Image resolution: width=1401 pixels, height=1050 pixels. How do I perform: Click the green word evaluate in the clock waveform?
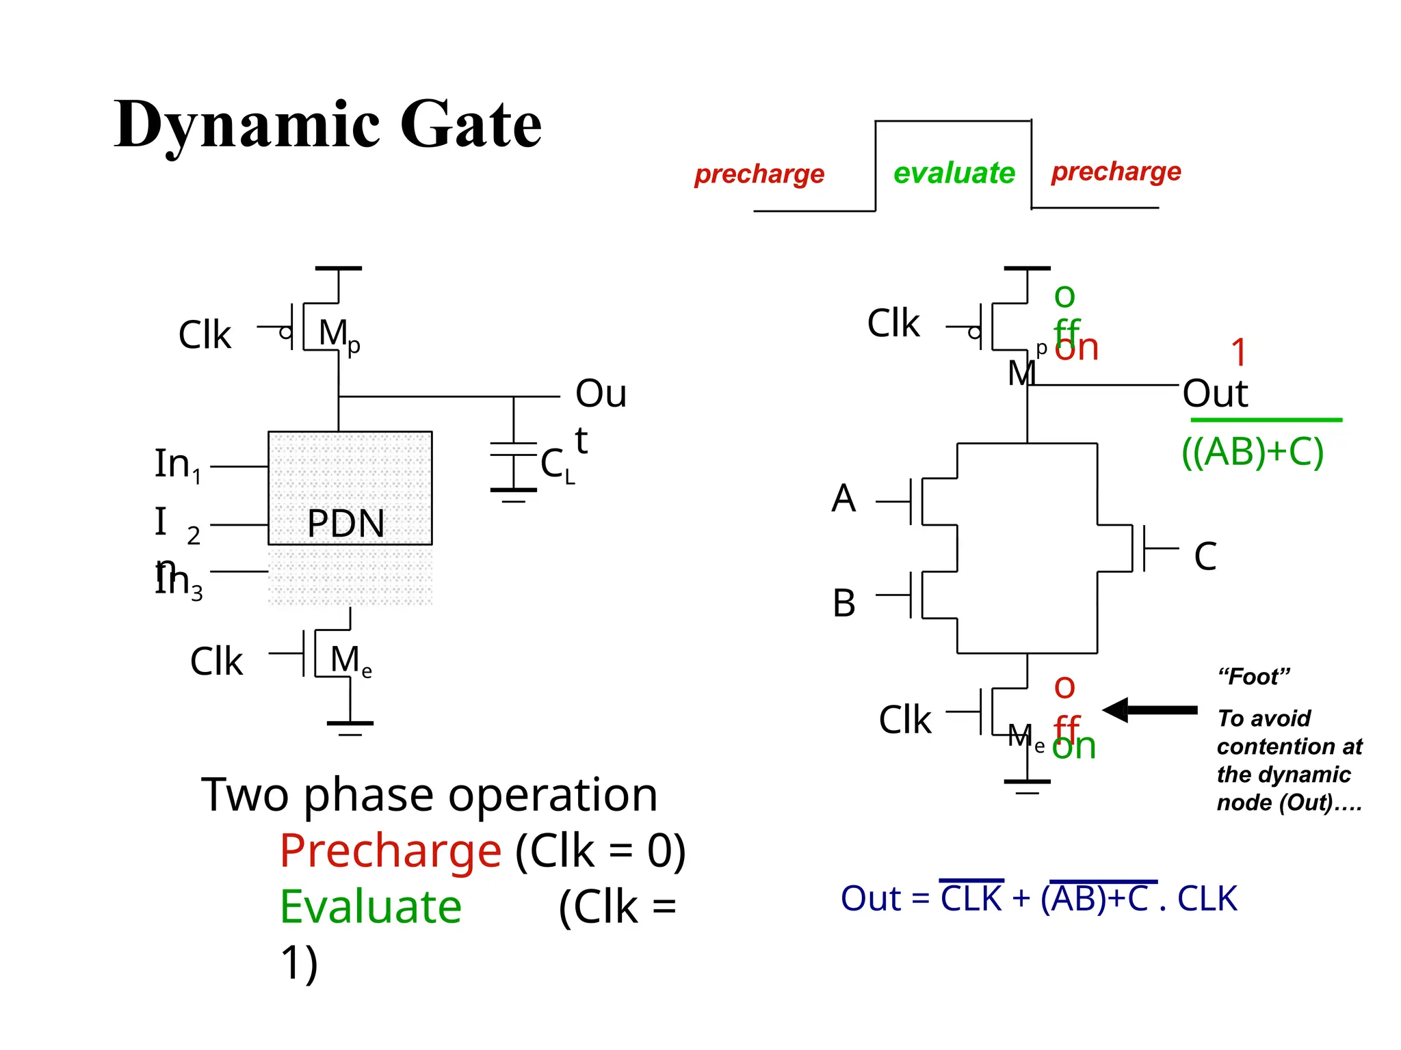(954, 173)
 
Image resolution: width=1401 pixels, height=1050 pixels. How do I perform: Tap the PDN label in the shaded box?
(345, 523)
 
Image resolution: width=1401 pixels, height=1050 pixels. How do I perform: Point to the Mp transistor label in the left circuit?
(339, 335)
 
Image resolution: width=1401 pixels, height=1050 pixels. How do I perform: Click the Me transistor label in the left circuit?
(350, 661)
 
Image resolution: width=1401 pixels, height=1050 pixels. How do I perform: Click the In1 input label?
(177, 465)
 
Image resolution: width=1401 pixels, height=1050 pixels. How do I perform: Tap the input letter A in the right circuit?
(843, 498)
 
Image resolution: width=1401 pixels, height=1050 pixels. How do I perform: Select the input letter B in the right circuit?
(843, 603)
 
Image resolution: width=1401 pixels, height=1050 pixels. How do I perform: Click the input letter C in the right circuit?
(1205, 556)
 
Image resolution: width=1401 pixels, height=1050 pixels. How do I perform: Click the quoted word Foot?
(1253, 677)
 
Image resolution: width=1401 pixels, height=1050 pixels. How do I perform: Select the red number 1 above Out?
(1238, 353)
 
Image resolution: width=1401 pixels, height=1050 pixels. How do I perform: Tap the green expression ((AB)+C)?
(1253, 452)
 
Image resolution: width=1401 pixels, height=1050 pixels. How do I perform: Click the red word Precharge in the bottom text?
(391, 850)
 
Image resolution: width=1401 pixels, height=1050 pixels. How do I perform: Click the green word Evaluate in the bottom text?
(371, 907)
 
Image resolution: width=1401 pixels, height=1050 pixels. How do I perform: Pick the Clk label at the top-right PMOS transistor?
(893, 323)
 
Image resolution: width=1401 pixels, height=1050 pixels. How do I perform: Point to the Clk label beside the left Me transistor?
(216, 661)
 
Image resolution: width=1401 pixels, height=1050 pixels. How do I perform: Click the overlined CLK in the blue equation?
(971, 898)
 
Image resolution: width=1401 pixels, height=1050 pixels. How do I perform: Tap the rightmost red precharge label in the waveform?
(1116, 172)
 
